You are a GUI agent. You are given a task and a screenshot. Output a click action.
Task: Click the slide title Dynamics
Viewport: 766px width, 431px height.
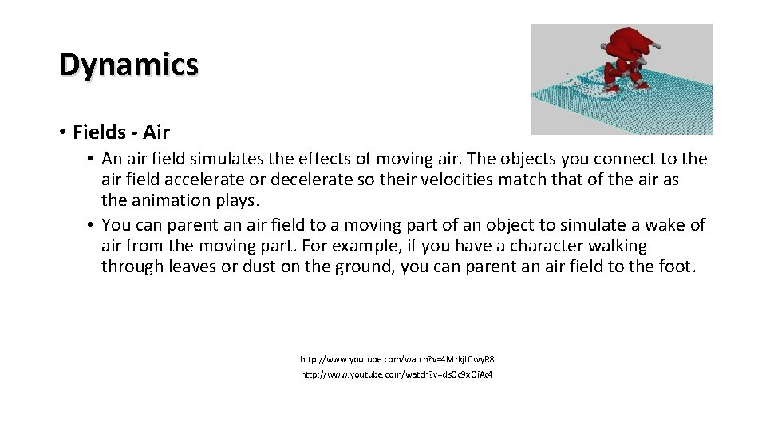[x=128, y=64]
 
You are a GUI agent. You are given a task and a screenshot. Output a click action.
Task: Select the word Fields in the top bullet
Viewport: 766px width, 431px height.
[x=99, y=132]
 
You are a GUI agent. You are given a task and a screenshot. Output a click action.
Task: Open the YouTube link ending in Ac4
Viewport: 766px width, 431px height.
[x=397, y=374]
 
